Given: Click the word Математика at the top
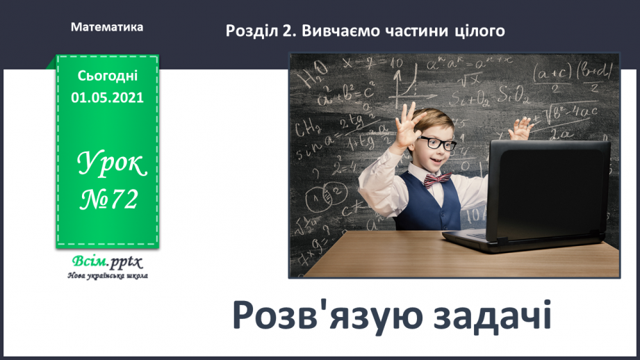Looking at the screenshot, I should click(107, 27).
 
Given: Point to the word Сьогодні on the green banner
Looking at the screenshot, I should click(107, 75).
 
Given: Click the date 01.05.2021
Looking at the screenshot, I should click(107, 97).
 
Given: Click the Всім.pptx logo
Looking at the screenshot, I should click(107, 263).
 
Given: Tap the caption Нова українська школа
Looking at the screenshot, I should click(107, 276).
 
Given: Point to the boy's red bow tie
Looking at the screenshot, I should click(437, 179).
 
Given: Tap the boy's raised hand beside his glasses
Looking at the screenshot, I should click(406, 125).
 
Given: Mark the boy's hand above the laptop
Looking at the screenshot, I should click(520, 128).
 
